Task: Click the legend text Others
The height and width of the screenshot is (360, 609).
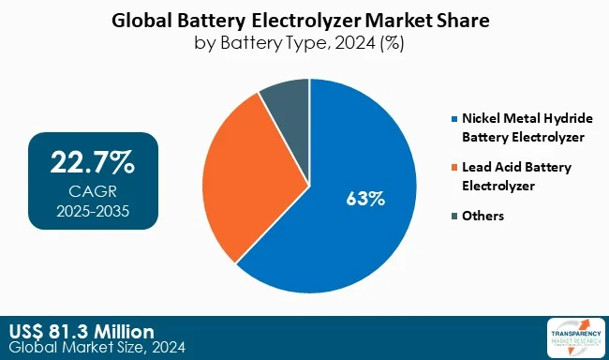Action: [483, 216]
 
